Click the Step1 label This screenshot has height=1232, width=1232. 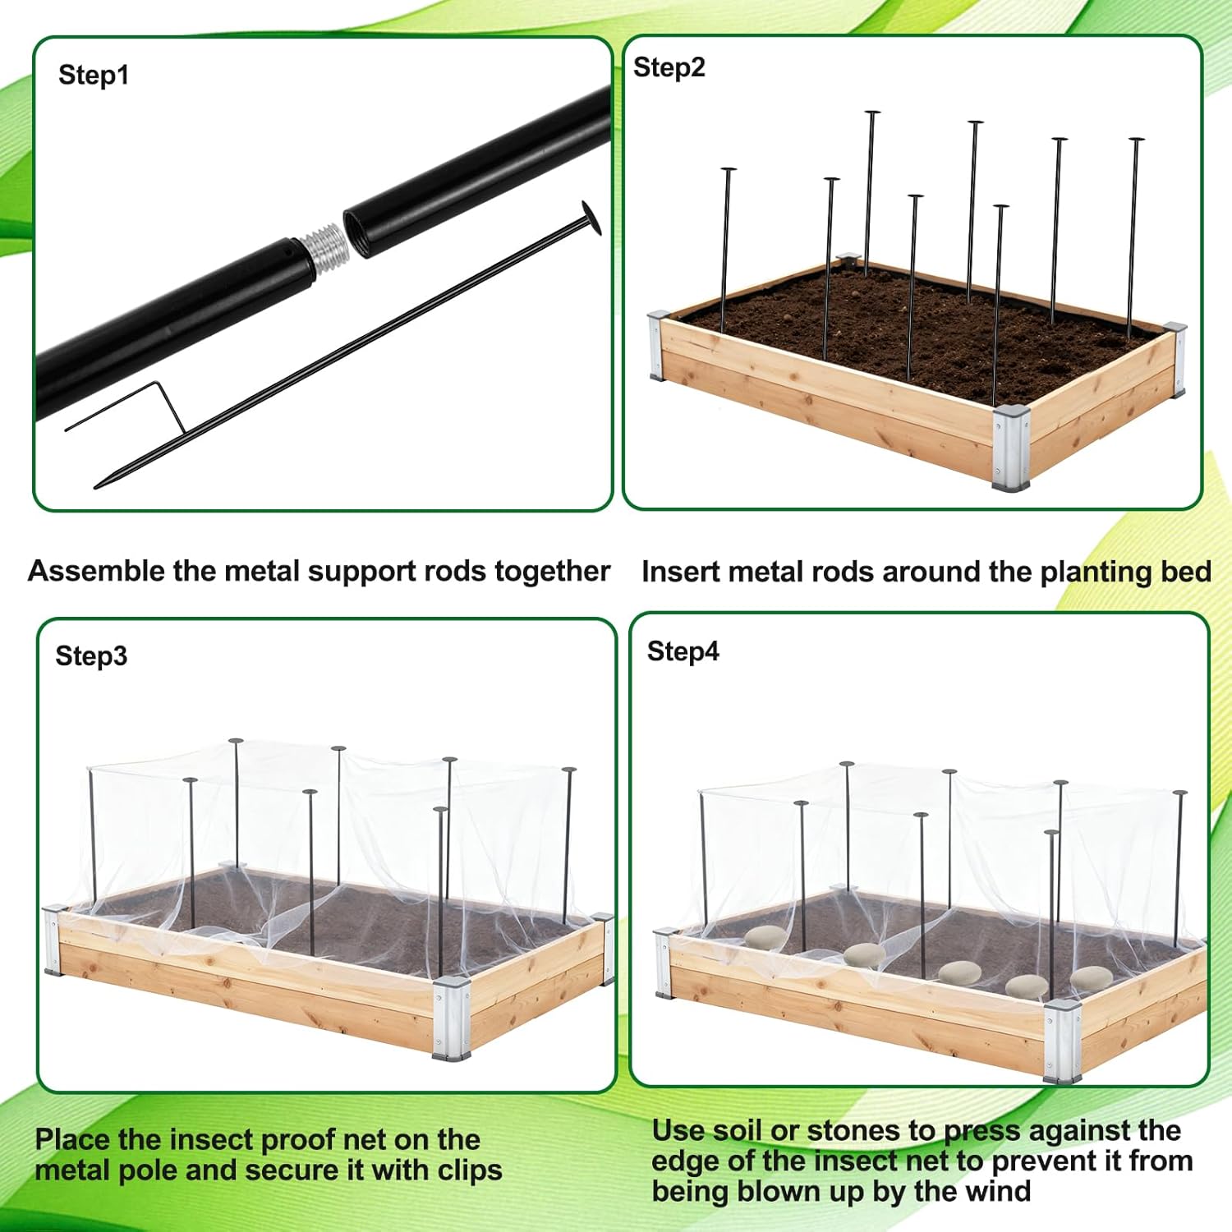click(93, 76)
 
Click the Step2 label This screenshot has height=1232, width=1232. click(669, 67)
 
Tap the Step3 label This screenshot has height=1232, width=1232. click(91, 656)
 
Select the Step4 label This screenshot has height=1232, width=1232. click(683, 651)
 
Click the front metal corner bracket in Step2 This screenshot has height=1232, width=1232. click(1010, 448)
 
